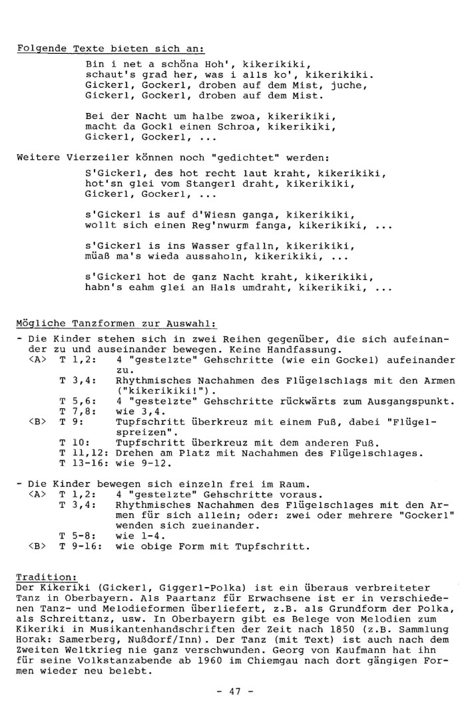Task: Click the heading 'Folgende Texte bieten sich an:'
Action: pyautogui.click(x=110, y=49)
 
